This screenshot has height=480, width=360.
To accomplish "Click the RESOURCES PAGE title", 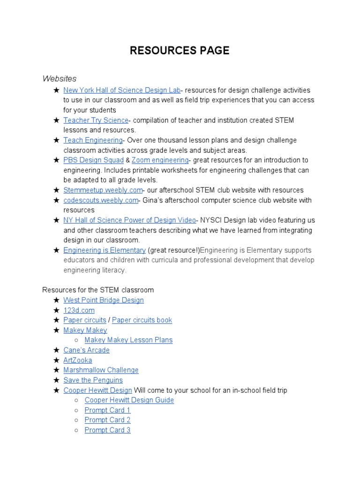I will click(x=180, y=51).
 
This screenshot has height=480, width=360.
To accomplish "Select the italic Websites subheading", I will click(x=60, y=78).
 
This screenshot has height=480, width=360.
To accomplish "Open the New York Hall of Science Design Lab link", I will click(x=122, y=90).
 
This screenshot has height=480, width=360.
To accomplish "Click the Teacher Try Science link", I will click(x=96, y=120).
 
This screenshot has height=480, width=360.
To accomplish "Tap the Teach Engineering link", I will click(x=93, y=140).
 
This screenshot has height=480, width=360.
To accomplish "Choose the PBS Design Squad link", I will click(x=93, y=160).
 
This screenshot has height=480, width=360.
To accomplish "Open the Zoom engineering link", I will click(x=160, y=160).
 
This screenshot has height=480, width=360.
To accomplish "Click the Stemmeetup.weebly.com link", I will click(x=103, y=190).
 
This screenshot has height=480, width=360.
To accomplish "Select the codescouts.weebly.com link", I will click(x=101, y=200).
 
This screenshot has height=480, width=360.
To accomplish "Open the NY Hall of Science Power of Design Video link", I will click(x=130, y=220).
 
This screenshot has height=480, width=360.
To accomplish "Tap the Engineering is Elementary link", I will click(x=105, y=250).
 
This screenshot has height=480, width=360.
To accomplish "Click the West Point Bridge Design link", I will click(x=104, y=300).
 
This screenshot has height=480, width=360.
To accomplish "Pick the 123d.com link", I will click(x=79, y=310).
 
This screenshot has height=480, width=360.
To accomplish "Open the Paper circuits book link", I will click(x=142, y=320).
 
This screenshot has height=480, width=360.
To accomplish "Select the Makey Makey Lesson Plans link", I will click(x=128, y=340).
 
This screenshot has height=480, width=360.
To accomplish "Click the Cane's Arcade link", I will click(x=86, y=350).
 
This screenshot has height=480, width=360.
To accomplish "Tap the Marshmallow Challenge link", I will click(x=101, y=370).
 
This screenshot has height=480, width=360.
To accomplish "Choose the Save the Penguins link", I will click(x=93, y=380).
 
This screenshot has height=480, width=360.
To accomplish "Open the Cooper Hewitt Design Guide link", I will click(x=129, y=400).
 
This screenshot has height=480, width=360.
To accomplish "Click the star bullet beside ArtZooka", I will click(x=56, y=360).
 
